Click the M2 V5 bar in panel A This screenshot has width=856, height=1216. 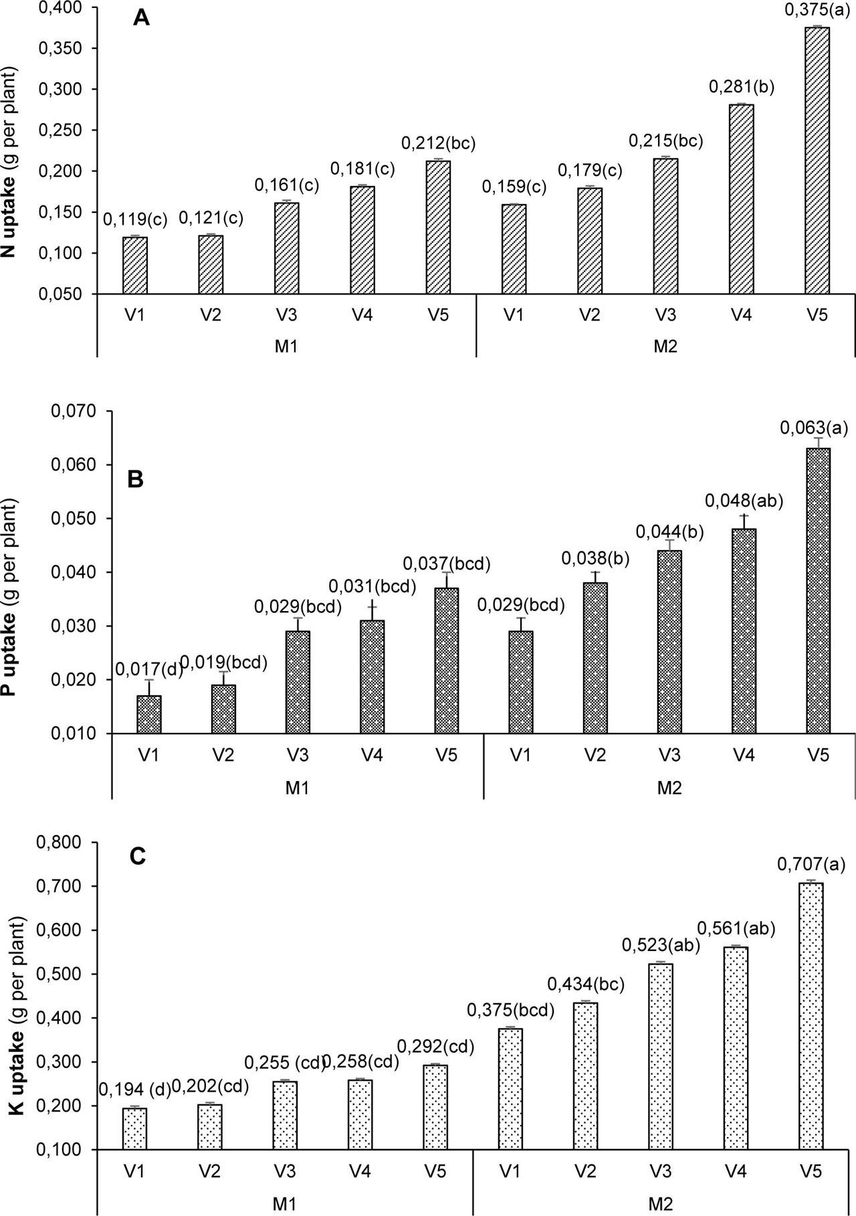[x=817, y=161]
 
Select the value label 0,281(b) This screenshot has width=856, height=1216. [x=741, y=88]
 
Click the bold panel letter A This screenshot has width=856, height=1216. [x=141, y=18]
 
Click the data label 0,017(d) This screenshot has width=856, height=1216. [x=149, y=669]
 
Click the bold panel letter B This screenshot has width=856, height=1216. [x=136, y=480]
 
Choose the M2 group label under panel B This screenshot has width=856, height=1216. [x=668, y=788]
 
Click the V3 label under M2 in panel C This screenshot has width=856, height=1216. [x=659, y=1171]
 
